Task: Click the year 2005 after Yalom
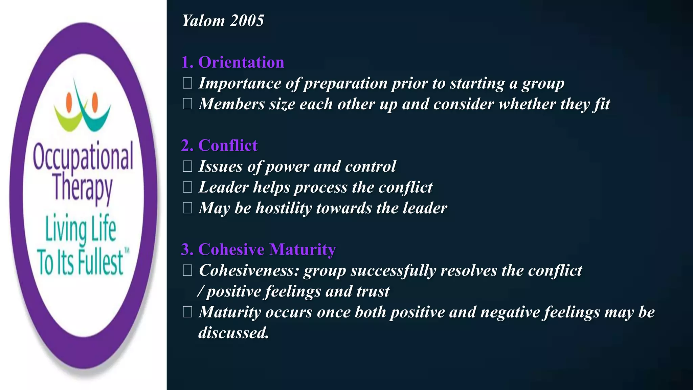tap(247, 21)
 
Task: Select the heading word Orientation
tap(241, 62)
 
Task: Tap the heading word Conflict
tap(228, 146)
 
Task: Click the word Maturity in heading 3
tap(303, 250)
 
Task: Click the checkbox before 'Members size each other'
tap(187, 104)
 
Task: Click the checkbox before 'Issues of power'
tap(187, 166)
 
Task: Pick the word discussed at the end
tap(233, 333)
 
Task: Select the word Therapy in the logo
tap(83, 188)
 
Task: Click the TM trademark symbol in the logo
tap(127, 251)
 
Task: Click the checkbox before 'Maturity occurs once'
tap(187, 312)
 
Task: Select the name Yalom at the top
tap(203, 21)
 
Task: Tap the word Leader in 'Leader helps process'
tap(223, 187)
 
